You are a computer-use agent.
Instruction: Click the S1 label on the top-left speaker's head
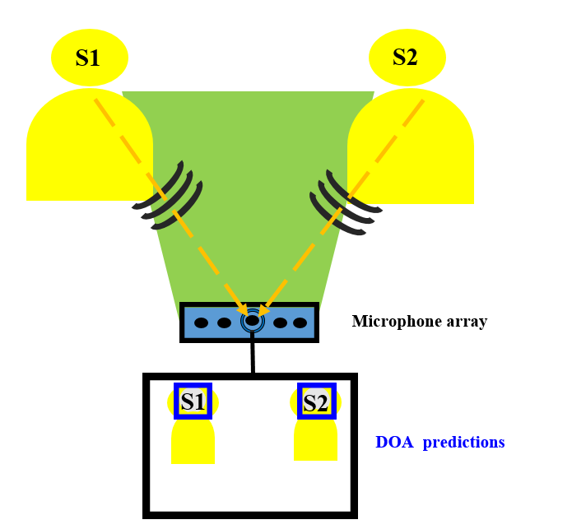tap(88, 58)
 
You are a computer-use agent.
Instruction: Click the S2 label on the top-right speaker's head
tap(405, 57)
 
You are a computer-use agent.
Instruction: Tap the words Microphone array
tap(419, 322)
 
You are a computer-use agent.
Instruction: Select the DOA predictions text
tap(439, 443)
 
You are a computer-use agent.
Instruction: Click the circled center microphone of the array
tap(252, 322)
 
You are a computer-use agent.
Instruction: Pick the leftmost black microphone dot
tap(201, 323)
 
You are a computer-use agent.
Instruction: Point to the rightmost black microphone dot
tap(300, 323)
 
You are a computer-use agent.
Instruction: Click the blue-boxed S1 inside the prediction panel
tap(193, 401)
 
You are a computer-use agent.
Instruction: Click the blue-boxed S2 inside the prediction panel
tap(315, 402)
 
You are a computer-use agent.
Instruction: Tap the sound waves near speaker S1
tap(168, 197)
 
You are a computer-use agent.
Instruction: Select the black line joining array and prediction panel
tap(253, 357)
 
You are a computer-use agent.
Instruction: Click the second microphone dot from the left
tap(224, 323)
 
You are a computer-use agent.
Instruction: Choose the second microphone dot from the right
tap(280, 323)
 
